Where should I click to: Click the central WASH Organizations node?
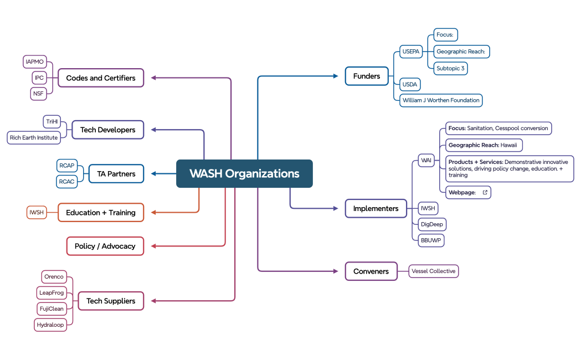point(244,173)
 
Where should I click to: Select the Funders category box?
point(367,76)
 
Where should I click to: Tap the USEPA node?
point(411,52)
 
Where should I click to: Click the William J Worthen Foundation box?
point(441,100)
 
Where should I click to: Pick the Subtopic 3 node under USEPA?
point(450,69)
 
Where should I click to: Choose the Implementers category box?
point(376,208)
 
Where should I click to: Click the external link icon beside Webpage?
point(485,192)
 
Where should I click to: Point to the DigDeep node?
point(432,224)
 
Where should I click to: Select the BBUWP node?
point(431,240)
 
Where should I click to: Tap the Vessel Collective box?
point(434,271)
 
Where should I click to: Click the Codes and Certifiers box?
point(101,78)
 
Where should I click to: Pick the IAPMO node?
point(35,61)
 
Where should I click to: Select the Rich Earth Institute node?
point(34,137)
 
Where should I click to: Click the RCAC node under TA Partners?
point(66,182)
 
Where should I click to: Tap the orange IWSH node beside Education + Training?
point(37,212)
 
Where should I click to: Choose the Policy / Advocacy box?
point(105,246)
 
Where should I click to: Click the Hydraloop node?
point(50,325)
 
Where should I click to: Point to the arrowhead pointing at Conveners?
point(335,271)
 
